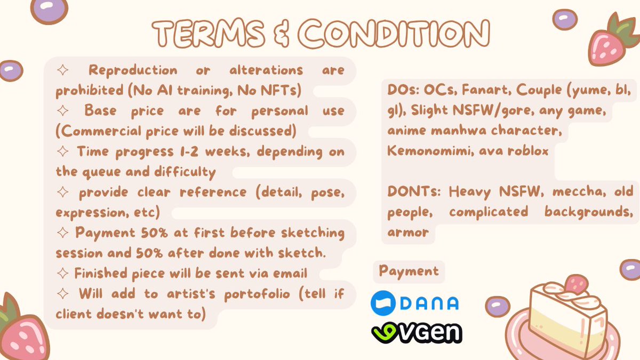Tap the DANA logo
coord(414,302)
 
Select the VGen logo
coord(417,333)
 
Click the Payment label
coord(409,271)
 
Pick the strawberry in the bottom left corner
coord(21,331)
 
